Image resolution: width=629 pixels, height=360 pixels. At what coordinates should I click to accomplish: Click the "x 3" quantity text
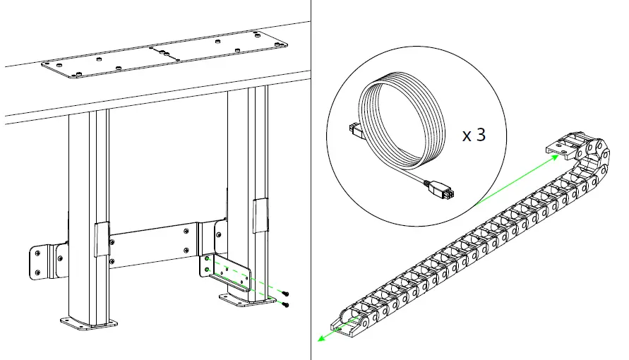point(474,135)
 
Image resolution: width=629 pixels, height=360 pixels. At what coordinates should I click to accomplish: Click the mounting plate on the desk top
point(165,56)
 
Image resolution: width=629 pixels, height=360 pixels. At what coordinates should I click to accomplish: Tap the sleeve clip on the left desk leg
point(102,239)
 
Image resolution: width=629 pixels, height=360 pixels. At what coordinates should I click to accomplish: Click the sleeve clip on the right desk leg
point(260,215)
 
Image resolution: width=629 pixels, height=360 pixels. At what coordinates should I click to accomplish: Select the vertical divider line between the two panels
point(311,180)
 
